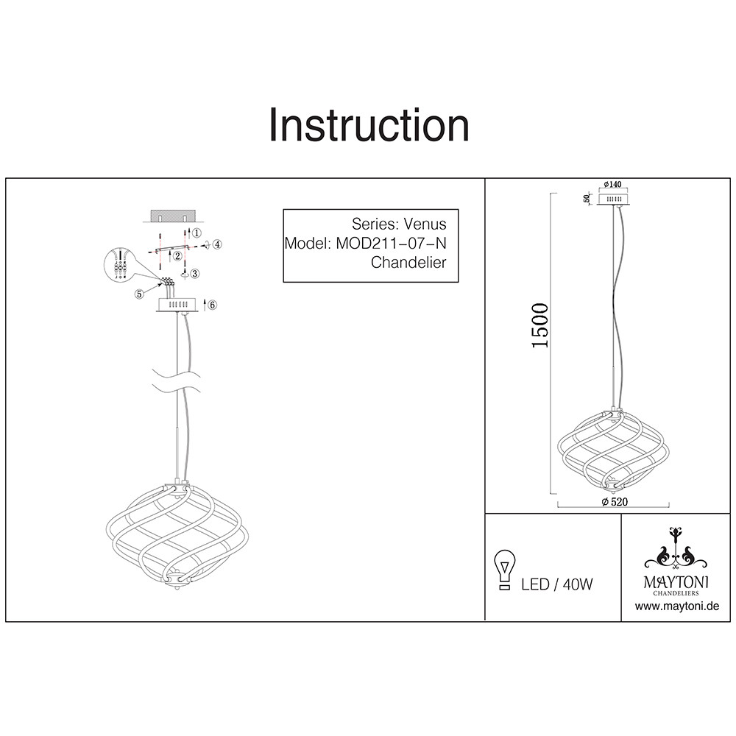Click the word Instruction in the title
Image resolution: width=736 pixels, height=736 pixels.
coord(369,125)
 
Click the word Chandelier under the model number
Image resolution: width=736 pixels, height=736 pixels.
coord(408,263)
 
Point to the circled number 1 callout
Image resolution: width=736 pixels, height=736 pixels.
coord(197,233)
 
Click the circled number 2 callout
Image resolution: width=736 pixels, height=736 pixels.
coord(178,256)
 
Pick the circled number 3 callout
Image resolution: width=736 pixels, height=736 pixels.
coord(194,274)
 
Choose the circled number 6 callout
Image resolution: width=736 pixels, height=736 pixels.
coord(212,305)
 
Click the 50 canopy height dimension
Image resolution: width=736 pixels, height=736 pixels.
coord(587,199)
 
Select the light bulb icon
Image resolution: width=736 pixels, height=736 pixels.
coord(504,570)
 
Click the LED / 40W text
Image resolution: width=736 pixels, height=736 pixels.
coord(557,584)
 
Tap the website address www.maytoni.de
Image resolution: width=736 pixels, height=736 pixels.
coord(676,606)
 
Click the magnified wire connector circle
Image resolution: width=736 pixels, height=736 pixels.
coord(121,266)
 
